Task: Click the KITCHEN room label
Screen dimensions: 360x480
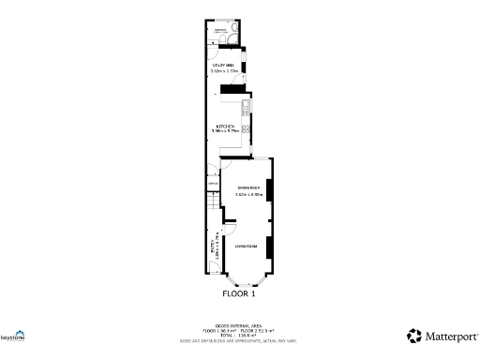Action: point(224,126)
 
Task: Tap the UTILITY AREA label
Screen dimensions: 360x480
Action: point(221,64)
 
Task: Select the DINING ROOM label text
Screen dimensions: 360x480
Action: point(247,187)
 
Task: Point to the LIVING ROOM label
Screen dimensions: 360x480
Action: point(246,246)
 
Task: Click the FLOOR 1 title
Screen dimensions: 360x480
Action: point(238,293)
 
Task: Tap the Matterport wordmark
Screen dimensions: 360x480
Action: point(450,335)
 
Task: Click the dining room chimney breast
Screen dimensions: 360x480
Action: point(269,190)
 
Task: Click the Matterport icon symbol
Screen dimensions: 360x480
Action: point(413,335)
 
